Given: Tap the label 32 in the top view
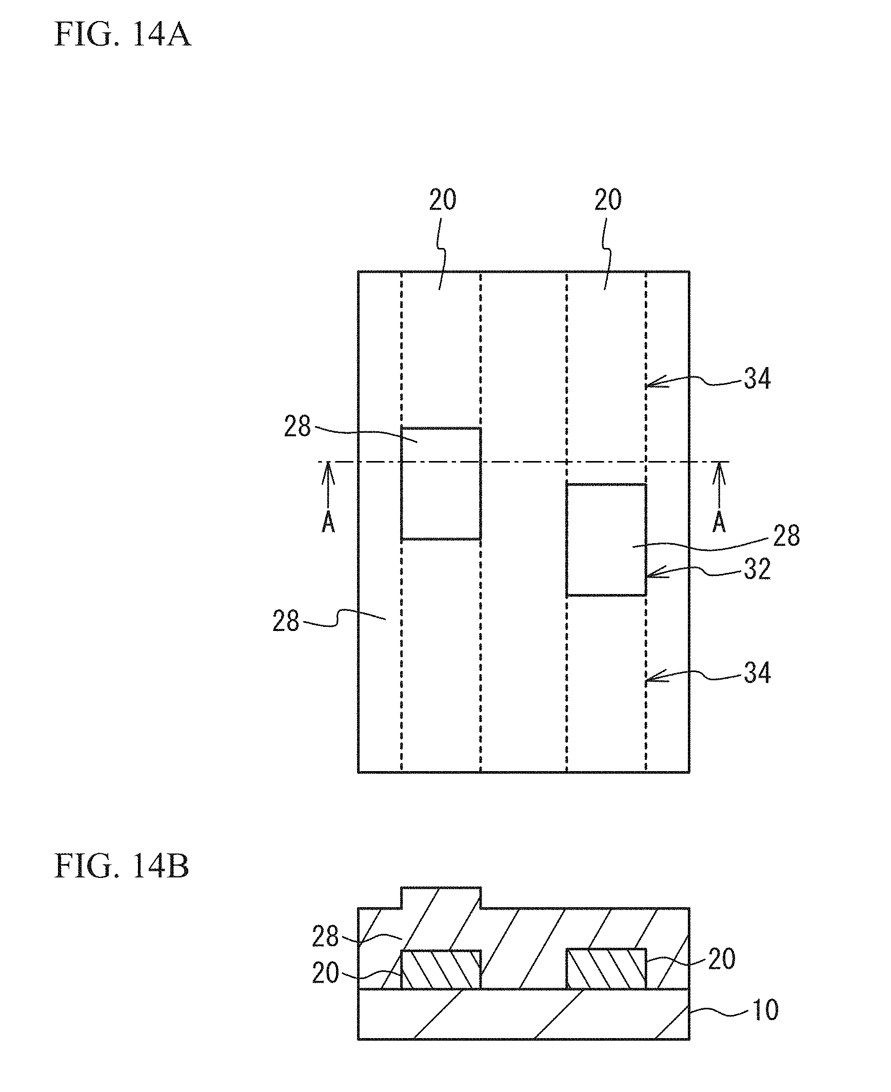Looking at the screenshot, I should pos(757,569).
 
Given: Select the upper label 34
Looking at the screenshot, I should pos(757,378).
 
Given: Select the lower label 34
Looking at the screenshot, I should pos(757,673).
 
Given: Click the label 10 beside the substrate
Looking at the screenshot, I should pos(765,1010).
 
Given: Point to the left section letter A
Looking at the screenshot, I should pos(328,523).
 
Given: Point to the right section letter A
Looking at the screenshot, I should pos(719,523).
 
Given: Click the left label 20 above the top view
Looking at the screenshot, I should pos(442,200).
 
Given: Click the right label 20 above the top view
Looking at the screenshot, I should pos(608,200).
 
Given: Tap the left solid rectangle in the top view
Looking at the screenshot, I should pos(441,483).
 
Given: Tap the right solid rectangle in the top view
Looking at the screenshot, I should pos(606,540).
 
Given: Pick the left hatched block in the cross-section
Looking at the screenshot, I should pos(441,969).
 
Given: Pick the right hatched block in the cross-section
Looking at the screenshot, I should pos(606,969).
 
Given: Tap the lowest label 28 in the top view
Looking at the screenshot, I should pos(286,621).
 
